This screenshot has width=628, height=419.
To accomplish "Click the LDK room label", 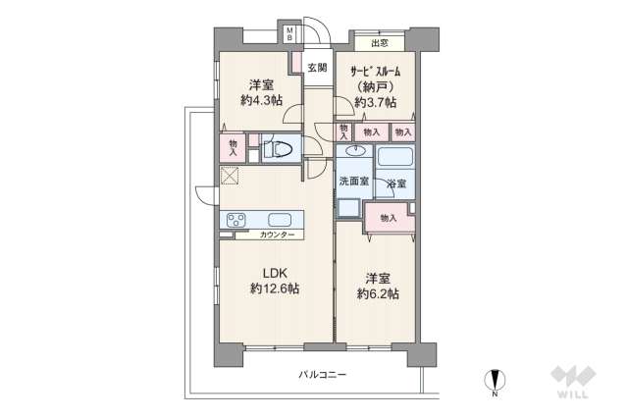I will pyautogui.click(x=274, y=273).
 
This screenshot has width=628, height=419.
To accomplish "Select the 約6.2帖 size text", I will pyautogui.click(x=377, y=294).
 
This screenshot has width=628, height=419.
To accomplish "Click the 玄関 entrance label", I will pyautogui.click(x=316, y=68).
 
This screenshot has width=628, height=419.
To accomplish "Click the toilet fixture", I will pyautogui.click(x=278, y=150).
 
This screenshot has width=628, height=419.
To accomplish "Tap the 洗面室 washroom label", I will pyautogui.click(x=353, y=182).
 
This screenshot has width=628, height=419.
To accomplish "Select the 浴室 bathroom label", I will pyautogui.click(x=395, y=184).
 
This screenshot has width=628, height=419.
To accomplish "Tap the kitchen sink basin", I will pyautogui.click(x=279, y=219).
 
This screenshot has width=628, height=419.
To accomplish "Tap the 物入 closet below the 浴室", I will pyautogui.click(x=388, y=218).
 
